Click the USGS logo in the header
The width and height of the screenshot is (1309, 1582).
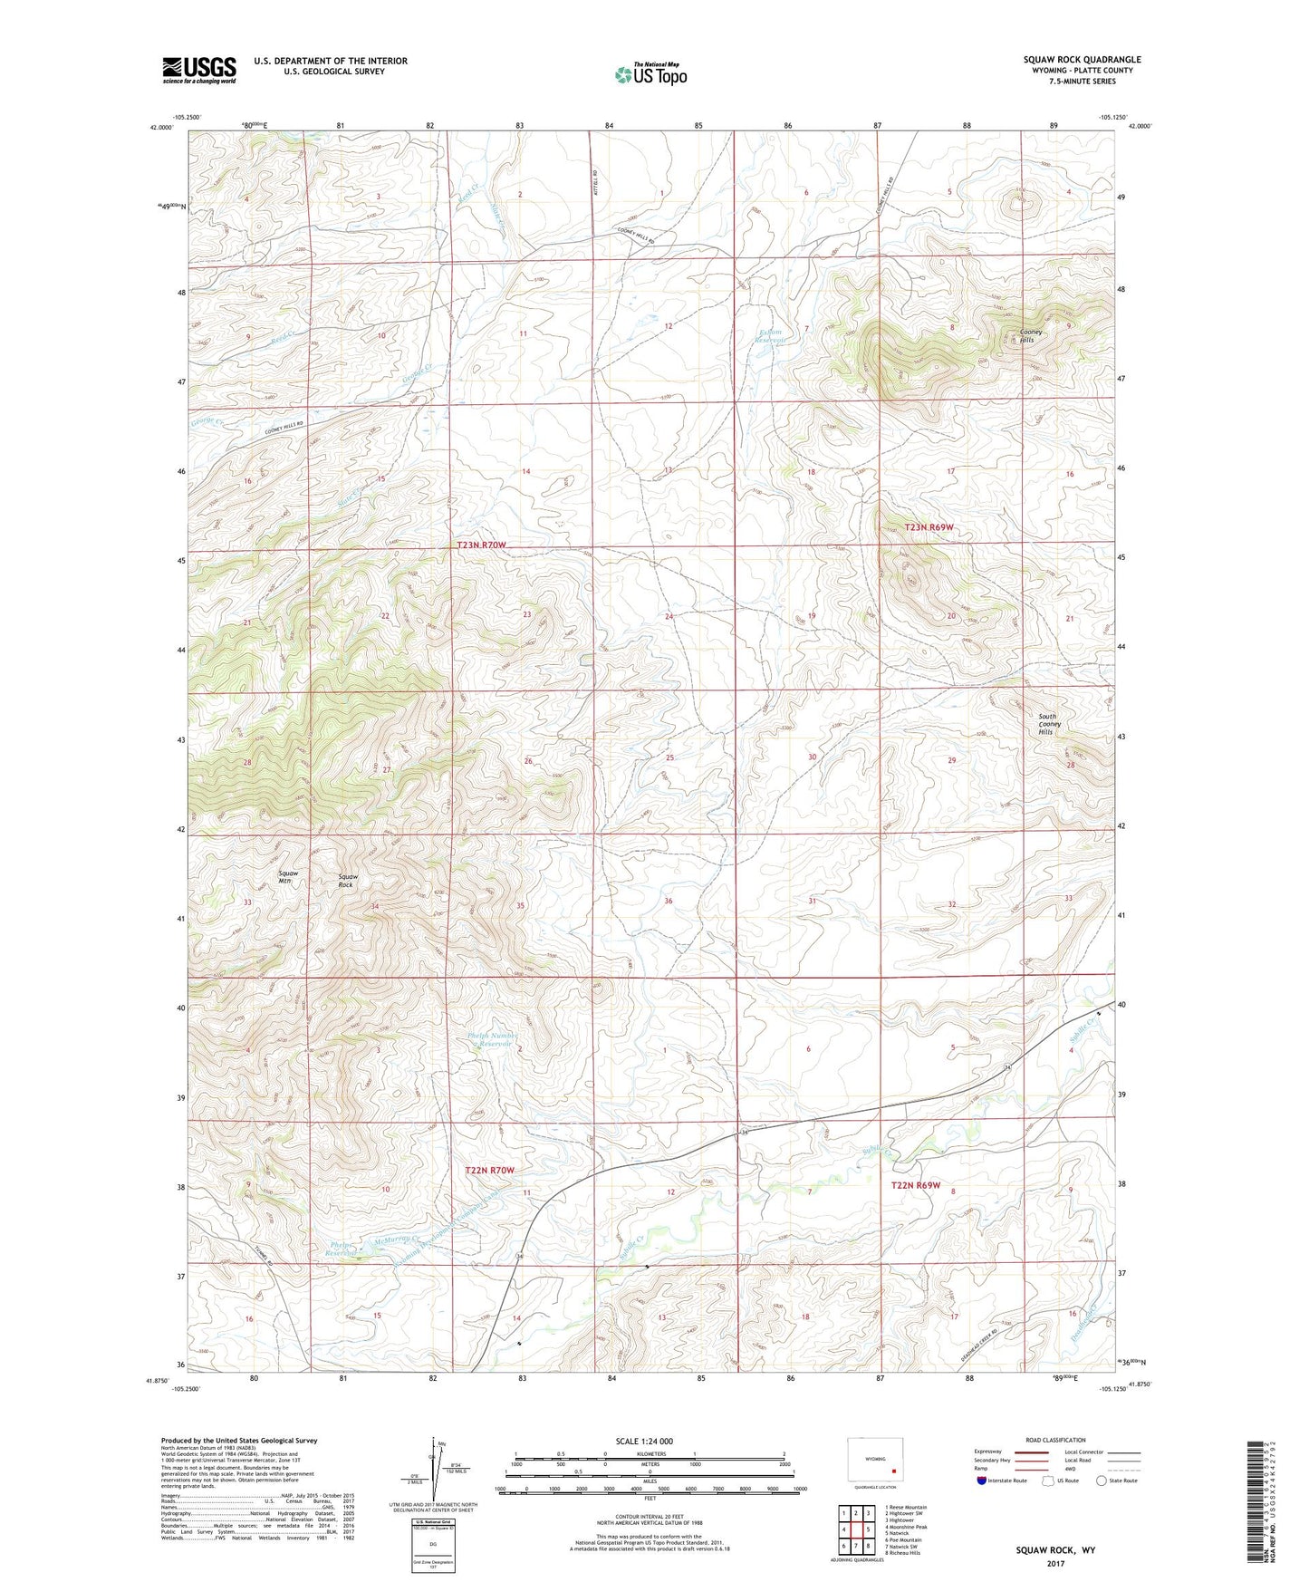click(198, 70)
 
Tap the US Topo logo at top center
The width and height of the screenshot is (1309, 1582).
click(650, 74)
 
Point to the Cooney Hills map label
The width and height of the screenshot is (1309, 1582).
click(1031, 336)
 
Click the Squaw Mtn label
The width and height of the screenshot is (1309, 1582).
click(288, 877)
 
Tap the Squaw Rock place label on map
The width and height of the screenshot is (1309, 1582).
click(347, 881)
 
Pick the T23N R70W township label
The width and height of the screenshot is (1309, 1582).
click(481, 545)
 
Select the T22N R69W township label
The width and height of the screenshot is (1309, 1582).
click(916, 1185)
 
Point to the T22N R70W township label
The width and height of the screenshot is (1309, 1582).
click(489, 1171)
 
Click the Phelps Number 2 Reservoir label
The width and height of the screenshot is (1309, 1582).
click(492, 1039)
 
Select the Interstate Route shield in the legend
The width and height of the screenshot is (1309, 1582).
click(983, 1480)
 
